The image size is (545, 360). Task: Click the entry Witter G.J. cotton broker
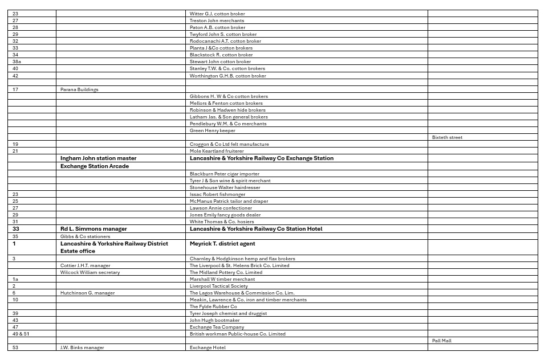(217, 14)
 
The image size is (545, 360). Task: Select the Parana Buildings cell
(79, 89)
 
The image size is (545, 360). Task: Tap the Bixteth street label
(447, 137)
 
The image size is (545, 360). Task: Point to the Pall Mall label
(441, 341)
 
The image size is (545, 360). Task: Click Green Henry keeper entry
(212, 130)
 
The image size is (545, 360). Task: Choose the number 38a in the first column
(17, 62)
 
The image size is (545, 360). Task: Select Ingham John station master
(98, 158)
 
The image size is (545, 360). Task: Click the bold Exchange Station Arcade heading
(95, 166)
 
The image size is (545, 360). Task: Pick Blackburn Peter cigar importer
(224, 174)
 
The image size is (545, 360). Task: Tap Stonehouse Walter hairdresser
(225, 187)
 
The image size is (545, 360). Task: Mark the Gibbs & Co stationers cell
(85, 236)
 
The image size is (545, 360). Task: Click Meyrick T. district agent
(222, 243)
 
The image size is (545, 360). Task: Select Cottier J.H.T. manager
(86, 265)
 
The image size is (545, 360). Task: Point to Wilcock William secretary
(90, 272)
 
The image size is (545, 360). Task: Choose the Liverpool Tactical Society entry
(218, 286)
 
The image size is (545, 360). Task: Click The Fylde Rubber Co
(213, 306)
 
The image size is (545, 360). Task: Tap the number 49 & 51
(21, 334)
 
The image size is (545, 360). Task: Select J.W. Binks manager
(82, 347)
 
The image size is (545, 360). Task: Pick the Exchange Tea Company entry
(217, 327)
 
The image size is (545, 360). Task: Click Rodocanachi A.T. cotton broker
(225, 41)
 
